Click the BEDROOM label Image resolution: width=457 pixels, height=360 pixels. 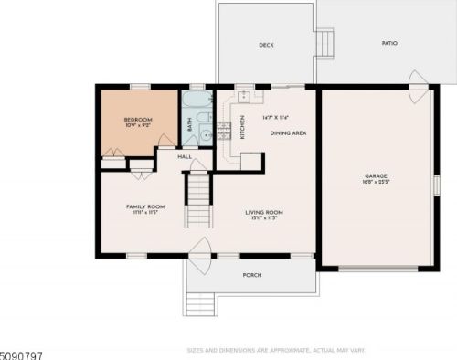point(138,120)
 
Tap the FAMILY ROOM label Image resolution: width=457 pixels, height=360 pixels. point(143,207)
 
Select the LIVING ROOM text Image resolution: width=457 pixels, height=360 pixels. point(260,213)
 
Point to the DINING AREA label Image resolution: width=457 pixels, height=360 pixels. point(288,133)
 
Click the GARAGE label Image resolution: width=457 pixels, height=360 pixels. point(377,176)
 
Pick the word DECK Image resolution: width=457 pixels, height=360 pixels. point(266,45)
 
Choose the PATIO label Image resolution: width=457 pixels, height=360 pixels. point(389,44)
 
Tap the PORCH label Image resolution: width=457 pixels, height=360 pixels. point(252,275)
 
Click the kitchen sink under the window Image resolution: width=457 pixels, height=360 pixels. point(245,96)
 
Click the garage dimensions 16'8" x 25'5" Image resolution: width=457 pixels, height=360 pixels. point(377,183)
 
